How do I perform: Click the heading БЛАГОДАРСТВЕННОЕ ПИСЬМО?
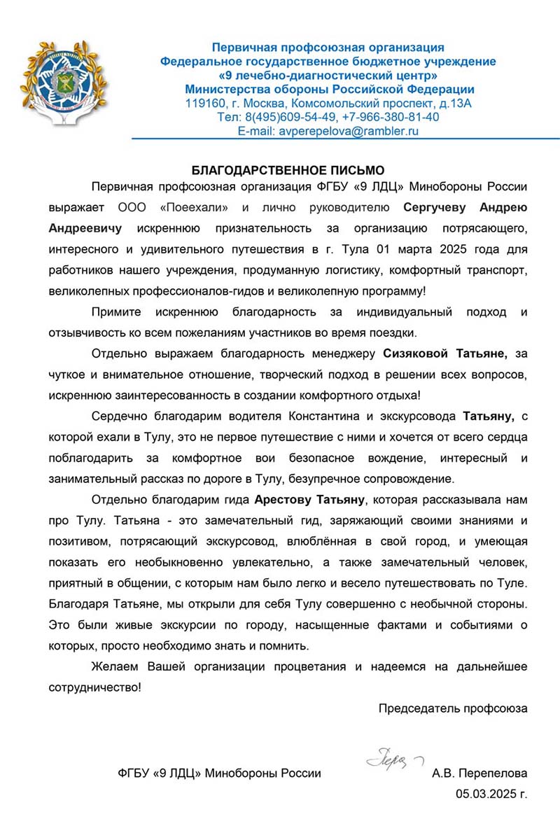click(x=288, y=170)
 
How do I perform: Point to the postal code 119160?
click(x=203, y=104)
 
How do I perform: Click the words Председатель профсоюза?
click(x=453, y=708)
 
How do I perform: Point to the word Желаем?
click(x=117, y=666)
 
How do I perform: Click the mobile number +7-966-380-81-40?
click(x=391, y=117)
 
